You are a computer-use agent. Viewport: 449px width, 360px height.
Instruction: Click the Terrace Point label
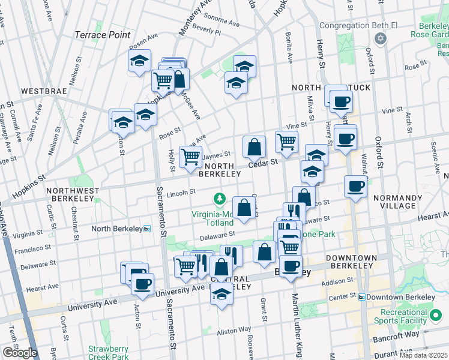[x=102, y=35]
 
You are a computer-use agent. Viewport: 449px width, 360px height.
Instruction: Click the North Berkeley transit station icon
[x=147, y=229]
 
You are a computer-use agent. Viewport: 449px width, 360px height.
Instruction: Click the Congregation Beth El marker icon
[x=379, y=38]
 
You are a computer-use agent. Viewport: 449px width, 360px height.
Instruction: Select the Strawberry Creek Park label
[x=108, y=353]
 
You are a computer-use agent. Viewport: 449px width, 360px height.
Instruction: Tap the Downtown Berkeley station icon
[x=361, y=298]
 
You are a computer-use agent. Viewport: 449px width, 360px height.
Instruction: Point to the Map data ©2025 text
[x=423, y=355]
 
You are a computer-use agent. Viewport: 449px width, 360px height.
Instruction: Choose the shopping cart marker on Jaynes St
[x=191, y=157]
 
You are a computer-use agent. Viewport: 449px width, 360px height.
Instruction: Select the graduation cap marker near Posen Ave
[x=139, y=61]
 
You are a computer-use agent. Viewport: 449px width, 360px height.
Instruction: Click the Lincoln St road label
[x=181, y=192]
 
